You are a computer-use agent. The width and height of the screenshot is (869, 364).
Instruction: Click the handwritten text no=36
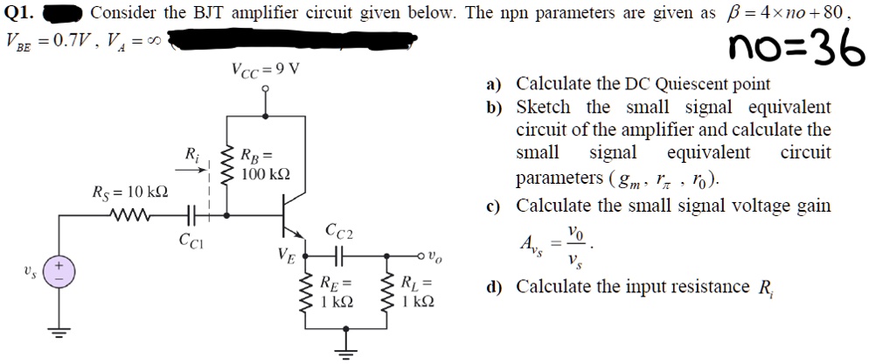click(x=795, y=53)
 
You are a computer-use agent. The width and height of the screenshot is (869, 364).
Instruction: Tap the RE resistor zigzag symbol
click(x=306, y=291)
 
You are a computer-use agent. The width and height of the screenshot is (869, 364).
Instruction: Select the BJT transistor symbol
click(x=283, y=214)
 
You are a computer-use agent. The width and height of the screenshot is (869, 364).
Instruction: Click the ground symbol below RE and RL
click(x=347, y=353)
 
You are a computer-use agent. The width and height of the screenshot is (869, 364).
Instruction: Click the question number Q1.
click(x=19, y=13)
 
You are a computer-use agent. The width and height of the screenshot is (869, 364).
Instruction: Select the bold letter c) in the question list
click(x=494, y=206)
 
